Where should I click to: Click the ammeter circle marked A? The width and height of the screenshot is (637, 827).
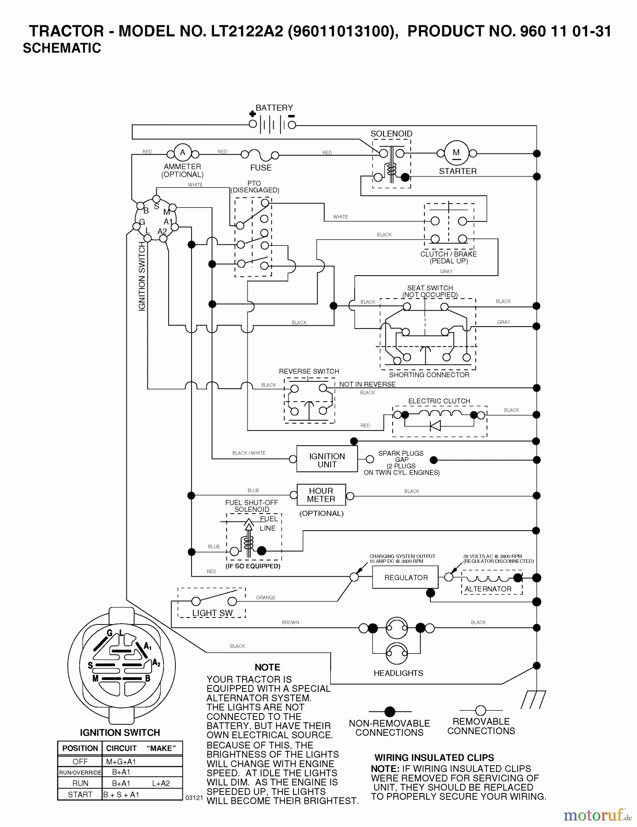pyautogui.click(x=182, y=153)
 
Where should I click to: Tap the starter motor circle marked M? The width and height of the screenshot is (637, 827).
pyautogui.click(x=456, y=153)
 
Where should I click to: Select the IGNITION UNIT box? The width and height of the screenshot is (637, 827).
pyautogui.click(x=327, y=460)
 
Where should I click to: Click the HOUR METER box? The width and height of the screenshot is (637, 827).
pyautogui.click(x=321, y=495)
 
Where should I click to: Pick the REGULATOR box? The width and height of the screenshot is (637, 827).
pyautogui.click(x=406, y=578)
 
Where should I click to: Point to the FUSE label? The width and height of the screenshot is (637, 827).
pyautogui.click(x=261, y=168)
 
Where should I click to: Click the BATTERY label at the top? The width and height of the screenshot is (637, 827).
pyautogui.click(x=274, y=108)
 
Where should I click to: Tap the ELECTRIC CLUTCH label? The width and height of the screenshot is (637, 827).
pyautogui.click(x=439, y=401)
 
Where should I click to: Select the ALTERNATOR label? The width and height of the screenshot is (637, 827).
pyautogui.click(x=488, y=589)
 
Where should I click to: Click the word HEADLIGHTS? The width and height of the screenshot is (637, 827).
pyautogui.click(x=398, y=673)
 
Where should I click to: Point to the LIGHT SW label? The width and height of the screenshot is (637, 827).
pyautogui.click(x=212, y=613)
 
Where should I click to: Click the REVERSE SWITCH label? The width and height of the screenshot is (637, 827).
pyautogui.click(x=309, y=371)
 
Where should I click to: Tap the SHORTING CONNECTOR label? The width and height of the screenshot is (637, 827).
pyautogui.click(x=429, y=375)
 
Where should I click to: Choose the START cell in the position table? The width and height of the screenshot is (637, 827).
pyautogui.click(x=80, y=794)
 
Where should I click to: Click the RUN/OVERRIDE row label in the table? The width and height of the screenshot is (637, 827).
pyautogui.click(x=80, y=772)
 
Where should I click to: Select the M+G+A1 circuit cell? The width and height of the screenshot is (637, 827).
pyautogui.click(x=121, y=761)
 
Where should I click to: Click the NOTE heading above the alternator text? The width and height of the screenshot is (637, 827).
pyautogui.click(x=267, y=667)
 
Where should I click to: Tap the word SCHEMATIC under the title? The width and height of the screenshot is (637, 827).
pyautogui.click(x=62, y=48)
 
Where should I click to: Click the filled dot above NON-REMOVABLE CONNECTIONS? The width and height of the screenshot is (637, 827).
pyautogui.click(x=389, y=712)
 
